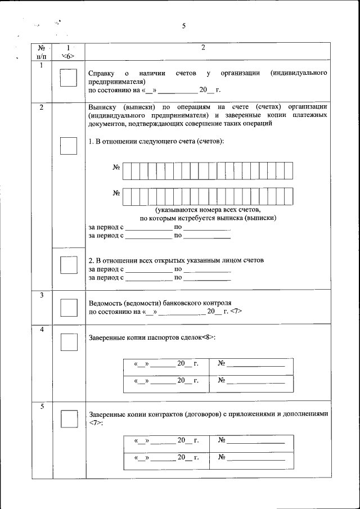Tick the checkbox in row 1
68,78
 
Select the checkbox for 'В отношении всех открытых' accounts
68,264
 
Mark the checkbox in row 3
68,307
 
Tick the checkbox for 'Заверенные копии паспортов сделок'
68,341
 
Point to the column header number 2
202,48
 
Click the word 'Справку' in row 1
102,74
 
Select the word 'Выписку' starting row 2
102,106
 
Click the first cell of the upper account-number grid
127,169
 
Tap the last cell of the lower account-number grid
288,195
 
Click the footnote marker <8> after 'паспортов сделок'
209,337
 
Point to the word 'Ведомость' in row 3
106,302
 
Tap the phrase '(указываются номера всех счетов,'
208,209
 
